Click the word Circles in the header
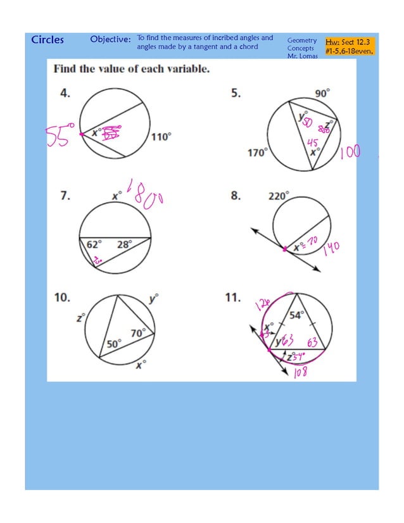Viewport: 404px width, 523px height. coord(47,40)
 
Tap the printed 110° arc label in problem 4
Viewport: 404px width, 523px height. coord(160,136)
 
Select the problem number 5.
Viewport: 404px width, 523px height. coord(236,93)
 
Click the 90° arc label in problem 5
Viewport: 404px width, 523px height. coord(322,92)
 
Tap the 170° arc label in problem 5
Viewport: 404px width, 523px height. coord(256,153)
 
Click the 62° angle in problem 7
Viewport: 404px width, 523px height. coord(94,244)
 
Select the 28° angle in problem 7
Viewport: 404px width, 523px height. coord(125,244)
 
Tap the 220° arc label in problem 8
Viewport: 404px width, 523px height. coord(278,196)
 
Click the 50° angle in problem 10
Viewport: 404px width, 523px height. coord(113,343)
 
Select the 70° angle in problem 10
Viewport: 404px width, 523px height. coord(138,332)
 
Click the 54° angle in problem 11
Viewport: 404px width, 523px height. coord(297,315)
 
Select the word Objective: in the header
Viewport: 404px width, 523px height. coord(110,40)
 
